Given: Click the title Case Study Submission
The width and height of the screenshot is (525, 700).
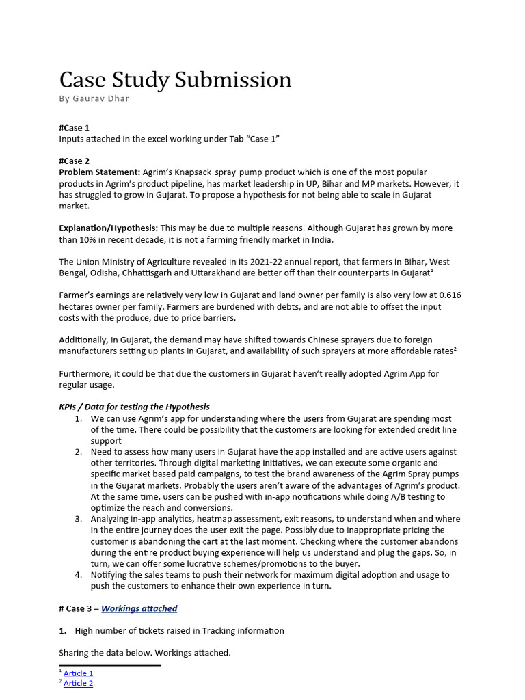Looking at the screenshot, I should pos(175,80).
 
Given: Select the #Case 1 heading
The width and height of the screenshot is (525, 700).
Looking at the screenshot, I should pos(74,128).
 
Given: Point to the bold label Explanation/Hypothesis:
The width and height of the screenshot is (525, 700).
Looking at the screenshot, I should pos(109,228).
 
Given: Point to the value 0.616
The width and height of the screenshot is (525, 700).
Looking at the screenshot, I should pos(448,295).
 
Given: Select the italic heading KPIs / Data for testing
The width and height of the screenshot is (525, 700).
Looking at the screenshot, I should pos(134,407).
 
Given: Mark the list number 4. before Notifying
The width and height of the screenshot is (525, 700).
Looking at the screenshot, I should pos(79,575).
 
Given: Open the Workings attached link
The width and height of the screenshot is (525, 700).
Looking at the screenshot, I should pos(139,608).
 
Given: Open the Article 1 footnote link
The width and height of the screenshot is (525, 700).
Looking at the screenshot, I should pos(78,673).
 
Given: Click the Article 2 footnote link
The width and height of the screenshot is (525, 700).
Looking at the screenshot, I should pos(78,684).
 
